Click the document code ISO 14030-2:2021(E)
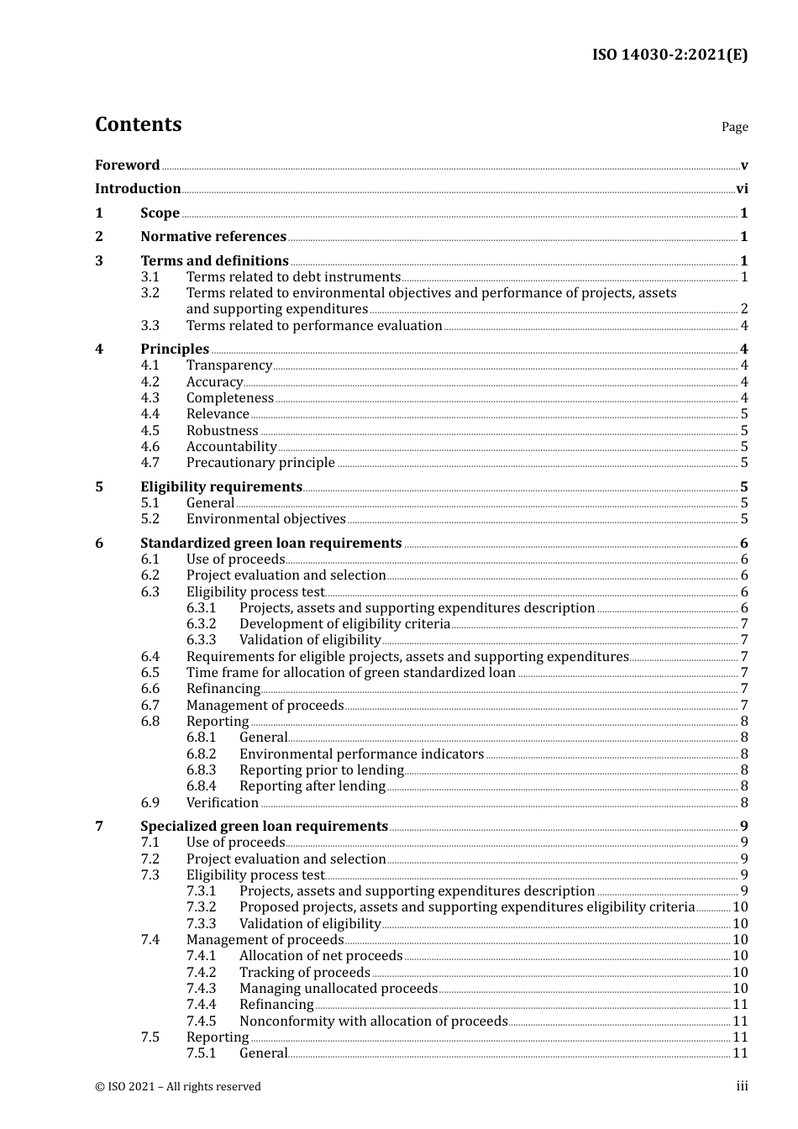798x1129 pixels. [669, 55]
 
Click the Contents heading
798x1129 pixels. [138, 124]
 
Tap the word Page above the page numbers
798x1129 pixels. [734, 127]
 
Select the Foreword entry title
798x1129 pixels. [127, 165]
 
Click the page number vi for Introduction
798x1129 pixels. [742, 189]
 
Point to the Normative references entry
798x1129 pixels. [213, 237]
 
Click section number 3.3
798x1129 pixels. [150, 326]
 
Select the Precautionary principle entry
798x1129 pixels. [260, 463]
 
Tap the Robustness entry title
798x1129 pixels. [222, 431]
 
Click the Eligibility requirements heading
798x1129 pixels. [221, 487]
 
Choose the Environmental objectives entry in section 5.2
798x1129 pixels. [265, 519]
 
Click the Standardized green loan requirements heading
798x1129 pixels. [270, 543]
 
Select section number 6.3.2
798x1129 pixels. [201, 624]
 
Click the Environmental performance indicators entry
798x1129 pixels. [361, 754]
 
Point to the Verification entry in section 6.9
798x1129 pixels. [222, 803]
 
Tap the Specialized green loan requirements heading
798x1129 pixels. [264, 827]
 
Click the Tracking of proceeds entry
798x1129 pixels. [304, 973]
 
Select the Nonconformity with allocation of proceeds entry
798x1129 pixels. [373, 1021]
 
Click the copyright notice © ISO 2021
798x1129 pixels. [178, 1087]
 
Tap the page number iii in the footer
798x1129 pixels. [742, 1086]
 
